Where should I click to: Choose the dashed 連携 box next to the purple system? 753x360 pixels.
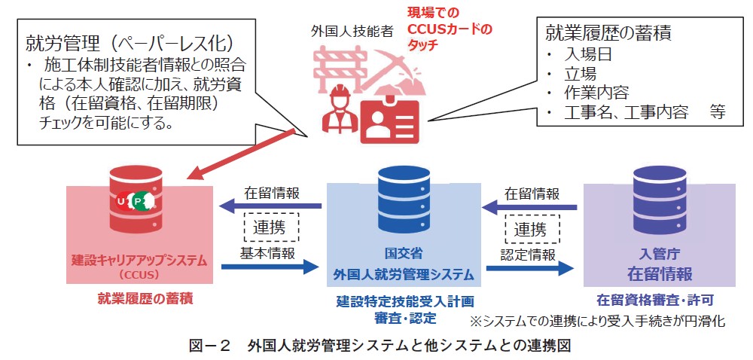(532, 228)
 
